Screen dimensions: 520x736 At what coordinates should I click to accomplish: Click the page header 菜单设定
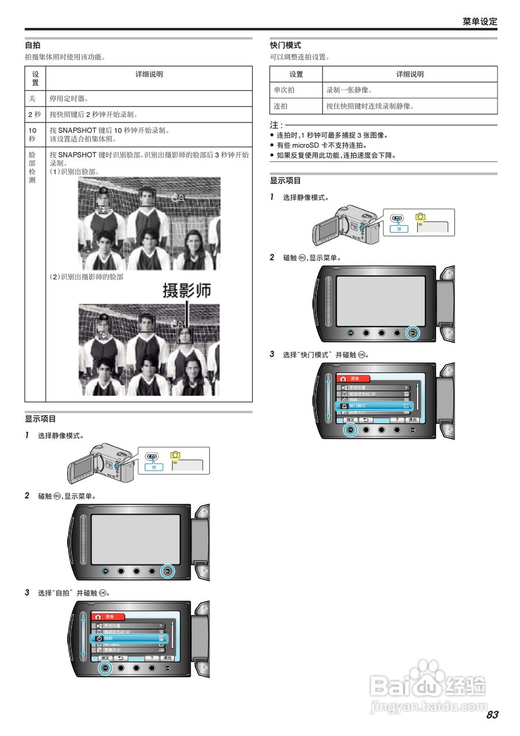480,21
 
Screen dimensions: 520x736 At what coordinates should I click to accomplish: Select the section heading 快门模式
286,45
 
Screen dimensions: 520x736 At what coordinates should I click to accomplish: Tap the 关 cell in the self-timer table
32,98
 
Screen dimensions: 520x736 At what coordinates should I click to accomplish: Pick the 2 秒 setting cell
34,114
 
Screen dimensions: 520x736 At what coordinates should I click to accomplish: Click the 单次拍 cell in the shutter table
284,90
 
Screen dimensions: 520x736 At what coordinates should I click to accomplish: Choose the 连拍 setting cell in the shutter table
281,106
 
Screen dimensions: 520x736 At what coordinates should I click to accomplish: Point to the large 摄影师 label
187,290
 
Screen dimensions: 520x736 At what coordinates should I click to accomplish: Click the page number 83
492,715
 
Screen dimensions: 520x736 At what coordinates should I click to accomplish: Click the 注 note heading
276,125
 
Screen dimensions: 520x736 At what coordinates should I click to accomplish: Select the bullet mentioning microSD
322,145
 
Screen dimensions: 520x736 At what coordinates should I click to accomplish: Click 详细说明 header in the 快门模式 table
410,74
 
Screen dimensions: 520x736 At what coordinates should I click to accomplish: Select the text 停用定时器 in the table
69,98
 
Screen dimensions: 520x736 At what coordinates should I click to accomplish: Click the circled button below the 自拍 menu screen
105,668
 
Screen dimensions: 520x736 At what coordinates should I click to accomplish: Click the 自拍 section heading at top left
32,45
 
